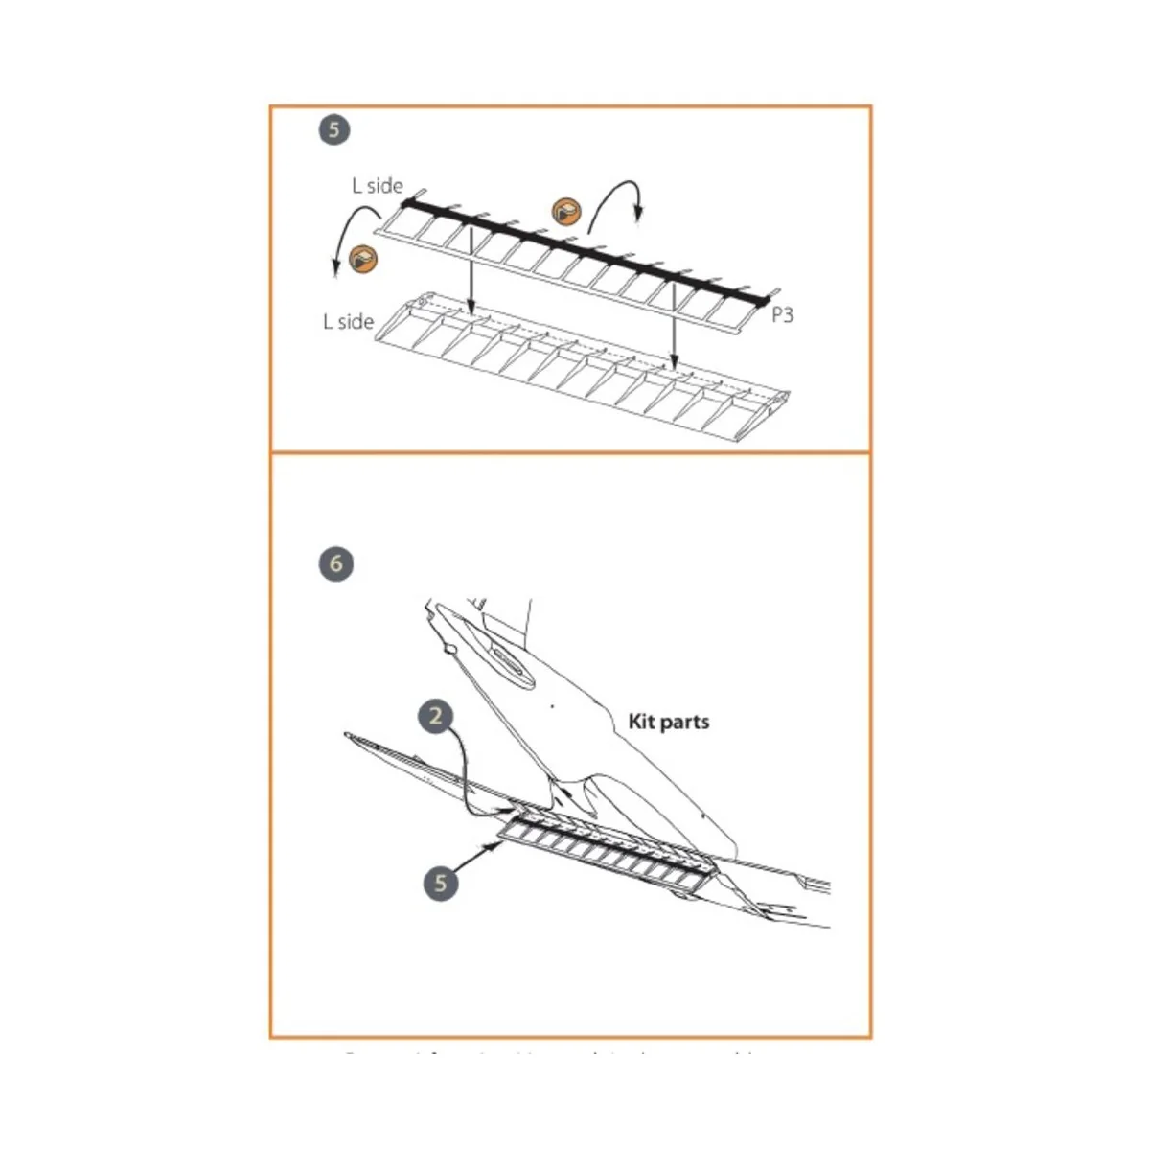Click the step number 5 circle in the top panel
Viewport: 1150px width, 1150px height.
click(333, 129)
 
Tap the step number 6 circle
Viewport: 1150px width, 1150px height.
click(335, 563)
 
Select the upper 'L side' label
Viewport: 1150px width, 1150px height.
click(377, 186)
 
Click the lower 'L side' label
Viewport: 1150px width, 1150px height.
click(348, 321)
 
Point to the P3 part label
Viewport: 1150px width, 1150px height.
click(782, 314)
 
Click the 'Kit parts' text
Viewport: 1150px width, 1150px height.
click(668, 722)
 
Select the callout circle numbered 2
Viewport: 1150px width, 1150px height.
click(436, 716)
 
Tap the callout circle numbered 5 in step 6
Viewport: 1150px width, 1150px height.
click(441, 882)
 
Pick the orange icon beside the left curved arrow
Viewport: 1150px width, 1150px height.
click(363, 257)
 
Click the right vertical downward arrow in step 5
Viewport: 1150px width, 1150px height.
click(674, 327)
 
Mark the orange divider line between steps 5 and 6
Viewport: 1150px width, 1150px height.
click(570, 452)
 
